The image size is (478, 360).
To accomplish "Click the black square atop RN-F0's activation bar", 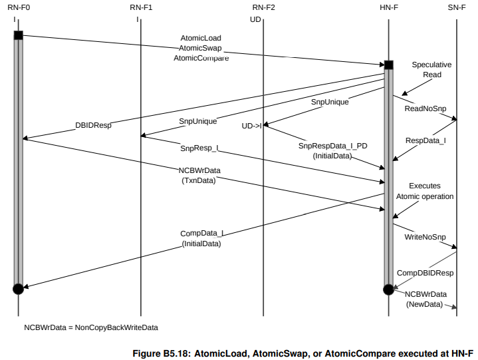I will tap(18, 35).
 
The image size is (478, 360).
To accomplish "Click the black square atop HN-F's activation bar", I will tap(388, 65).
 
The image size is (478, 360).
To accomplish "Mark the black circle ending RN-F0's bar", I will tap(18, 288).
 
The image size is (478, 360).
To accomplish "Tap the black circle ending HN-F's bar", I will tap(388, 289).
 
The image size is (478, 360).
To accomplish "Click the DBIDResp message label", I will tap(92, 125).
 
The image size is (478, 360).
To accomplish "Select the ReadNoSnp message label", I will tap(425, 107).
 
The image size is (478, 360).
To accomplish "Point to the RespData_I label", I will tap(426, 141).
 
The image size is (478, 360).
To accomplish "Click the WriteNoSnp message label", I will tap(425, 237).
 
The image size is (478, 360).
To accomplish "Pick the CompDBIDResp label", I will tap(425, 273).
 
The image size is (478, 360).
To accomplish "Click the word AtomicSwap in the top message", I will tap(200, 48).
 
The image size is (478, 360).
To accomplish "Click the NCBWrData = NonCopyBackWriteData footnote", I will tap(91, 327).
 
